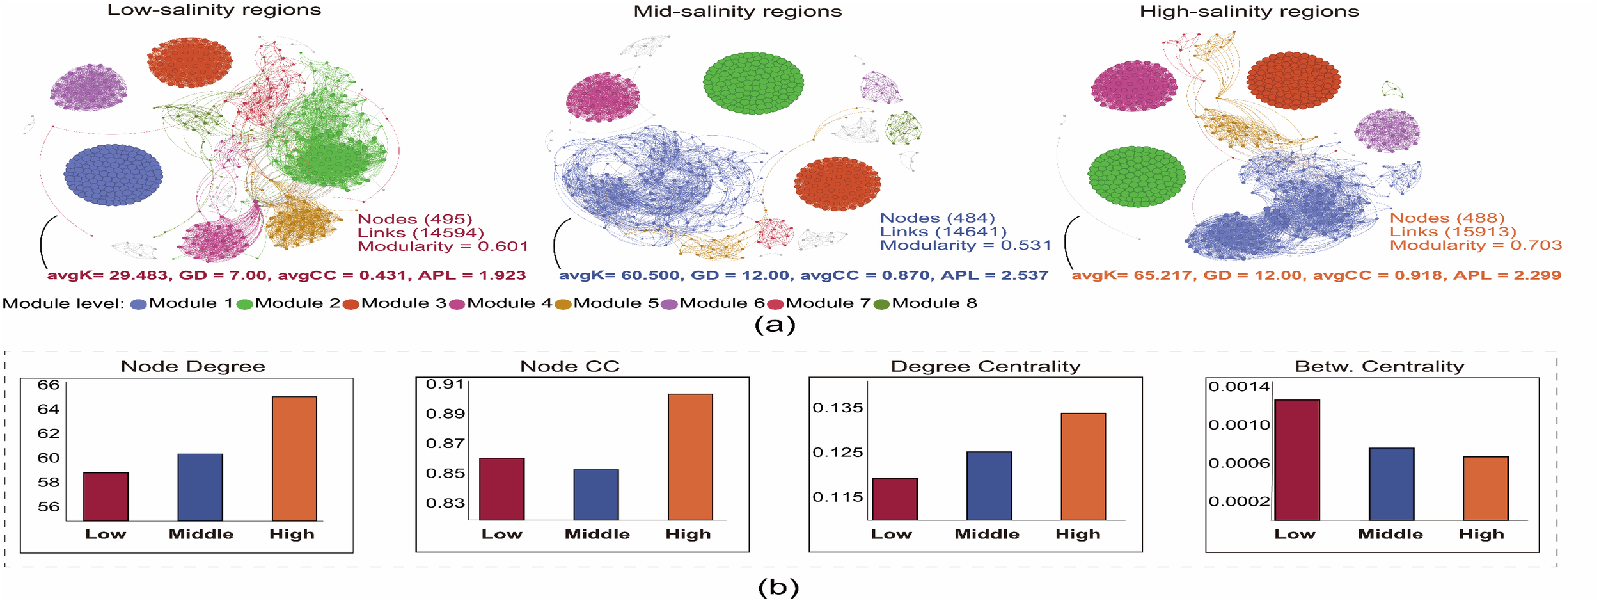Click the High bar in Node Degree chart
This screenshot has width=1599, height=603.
click(294, 458)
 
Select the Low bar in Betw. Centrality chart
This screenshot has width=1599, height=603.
click(1296, 460)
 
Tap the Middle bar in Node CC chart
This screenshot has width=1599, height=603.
click(595, 495)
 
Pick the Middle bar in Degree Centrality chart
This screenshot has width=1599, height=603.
click(989, 485)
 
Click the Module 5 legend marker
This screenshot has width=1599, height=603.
click(563, 304)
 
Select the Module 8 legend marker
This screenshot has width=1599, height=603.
click(881, 304)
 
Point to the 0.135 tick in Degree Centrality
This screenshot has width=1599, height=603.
click(837, 408)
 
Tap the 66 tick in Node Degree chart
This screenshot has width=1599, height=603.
click(49, 385)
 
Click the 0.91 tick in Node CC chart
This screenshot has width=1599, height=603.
click(445, 384)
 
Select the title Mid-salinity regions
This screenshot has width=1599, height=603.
click(737, 12)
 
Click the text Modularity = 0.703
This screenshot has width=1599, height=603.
click(1476, 245)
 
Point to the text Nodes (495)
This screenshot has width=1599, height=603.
click(414, 219)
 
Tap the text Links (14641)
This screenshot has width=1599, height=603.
click(943, 232)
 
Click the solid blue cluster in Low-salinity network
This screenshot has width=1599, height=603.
click(113, 175)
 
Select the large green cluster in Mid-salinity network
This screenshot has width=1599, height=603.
click(753, 83)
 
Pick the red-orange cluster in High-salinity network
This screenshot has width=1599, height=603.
click(1293, 81)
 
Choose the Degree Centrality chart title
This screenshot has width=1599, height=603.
click(985, 366)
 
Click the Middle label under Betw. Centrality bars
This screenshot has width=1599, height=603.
click(1390, 534)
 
